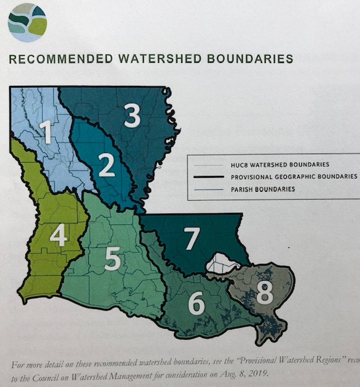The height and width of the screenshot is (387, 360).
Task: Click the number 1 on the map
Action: tap(44, 131)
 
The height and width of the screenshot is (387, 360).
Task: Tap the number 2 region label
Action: tap(107, 166)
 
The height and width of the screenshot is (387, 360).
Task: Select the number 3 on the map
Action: tap(132, 115)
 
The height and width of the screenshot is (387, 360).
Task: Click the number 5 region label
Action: tap(112, 258)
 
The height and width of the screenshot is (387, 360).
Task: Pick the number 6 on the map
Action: tap(195, 302)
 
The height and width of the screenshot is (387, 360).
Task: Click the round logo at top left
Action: tap(27, 22)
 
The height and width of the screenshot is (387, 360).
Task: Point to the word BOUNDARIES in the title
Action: tap(254, 59)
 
